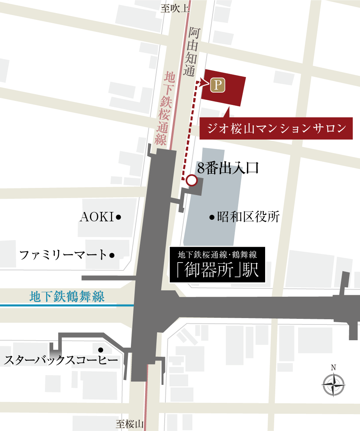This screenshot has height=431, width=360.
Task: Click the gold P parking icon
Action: [217, 85]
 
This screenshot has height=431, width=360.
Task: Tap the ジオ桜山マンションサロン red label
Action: [277, 129]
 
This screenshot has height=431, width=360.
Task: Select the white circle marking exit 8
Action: [192, 180]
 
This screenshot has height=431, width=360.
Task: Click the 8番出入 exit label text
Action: [219, 169]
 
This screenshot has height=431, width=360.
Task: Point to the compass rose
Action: [333, 385]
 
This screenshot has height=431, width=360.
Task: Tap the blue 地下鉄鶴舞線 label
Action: [67, 297]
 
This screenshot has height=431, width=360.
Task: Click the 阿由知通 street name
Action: [193, 52]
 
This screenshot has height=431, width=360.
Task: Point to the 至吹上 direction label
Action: [175, 8]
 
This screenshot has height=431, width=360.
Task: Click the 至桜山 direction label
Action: [130, 424]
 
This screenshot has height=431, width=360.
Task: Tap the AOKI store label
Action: [96, 217]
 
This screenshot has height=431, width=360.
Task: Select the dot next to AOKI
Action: [118, 217]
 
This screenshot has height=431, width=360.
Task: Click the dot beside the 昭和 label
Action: [212, 217]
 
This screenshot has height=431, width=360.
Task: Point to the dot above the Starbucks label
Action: [100, 350]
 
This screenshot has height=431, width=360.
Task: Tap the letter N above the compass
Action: [333, 367]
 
